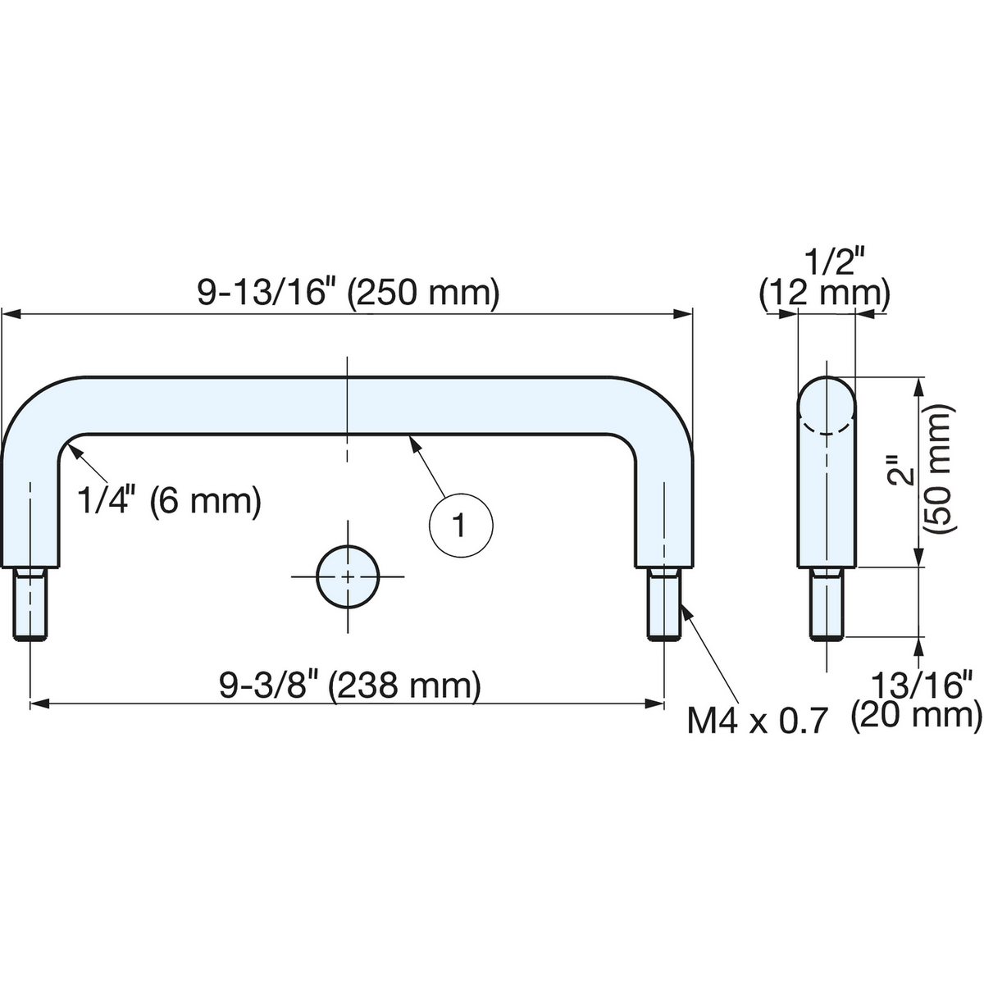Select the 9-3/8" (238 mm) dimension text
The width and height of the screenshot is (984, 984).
tap(350, 686)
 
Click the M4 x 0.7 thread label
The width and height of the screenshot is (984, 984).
tap(756, 722)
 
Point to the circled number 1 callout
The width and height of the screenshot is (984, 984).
tap(461, 526)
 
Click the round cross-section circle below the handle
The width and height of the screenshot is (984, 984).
tap(347, 577)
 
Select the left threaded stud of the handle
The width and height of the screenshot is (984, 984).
tap(30, 604)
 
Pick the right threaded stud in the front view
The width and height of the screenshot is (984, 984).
tap(664, 604)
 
